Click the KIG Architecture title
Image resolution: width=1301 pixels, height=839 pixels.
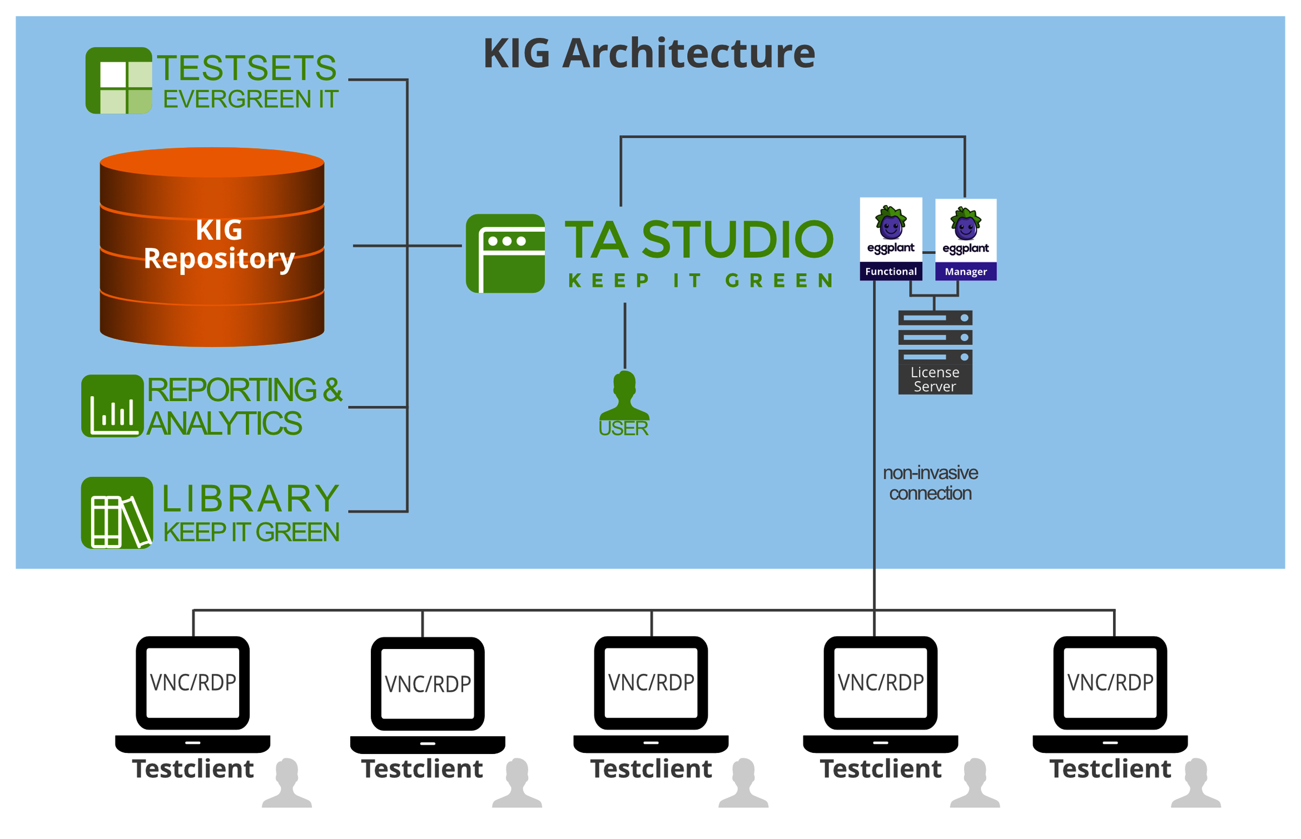649,53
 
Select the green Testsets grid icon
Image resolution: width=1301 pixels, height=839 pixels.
118,81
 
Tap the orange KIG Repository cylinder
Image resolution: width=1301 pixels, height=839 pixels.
212,247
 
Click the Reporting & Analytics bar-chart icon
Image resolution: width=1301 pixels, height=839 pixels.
113,406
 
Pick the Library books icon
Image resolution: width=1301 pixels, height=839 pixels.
117,513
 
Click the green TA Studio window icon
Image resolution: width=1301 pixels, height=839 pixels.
505,253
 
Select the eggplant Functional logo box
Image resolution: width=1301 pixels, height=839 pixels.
891,239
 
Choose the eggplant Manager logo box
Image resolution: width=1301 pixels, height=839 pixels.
966,239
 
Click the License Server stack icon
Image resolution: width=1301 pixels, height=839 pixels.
935,352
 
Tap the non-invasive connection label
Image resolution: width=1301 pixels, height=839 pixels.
930,483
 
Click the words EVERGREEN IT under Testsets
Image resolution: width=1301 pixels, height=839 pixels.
250,99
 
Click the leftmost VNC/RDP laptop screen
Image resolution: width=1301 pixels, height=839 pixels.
193,682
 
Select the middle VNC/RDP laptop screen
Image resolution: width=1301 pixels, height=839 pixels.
651,682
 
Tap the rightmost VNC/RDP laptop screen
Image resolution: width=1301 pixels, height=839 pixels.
1110,682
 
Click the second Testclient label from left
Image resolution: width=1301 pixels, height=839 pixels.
422,769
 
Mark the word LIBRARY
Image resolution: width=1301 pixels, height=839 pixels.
251,498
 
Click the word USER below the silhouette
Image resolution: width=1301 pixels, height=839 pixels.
624,428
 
